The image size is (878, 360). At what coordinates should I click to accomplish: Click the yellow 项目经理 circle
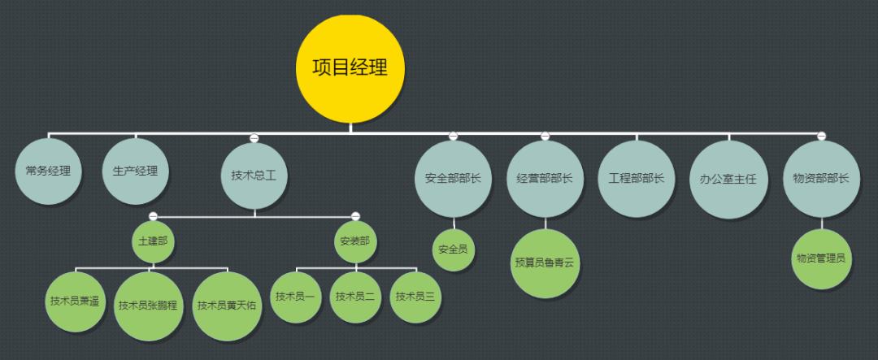click(350, 67)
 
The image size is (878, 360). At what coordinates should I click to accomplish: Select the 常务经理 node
click(49, 171)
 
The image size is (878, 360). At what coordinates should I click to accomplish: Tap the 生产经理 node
click(136, 171)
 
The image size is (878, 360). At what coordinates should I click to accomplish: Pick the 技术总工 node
click(254, 176)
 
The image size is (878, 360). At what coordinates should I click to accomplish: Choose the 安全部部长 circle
click(453, 179)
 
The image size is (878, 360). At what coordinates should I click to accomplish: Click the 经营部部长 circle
click(545, 179)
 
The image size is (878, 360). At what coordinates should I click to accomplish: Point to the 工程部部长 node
click(637, 179)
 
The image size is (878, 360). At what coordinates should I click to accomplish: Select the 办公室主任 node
click(728, 179)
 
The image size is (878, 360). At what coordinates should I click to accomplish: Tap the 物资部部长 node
click(821, 179)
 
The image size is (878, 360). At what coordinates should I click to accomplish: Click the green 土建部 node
click(153, 242)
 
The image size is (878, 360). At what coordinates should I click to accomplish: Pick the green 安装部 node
click(355, 242)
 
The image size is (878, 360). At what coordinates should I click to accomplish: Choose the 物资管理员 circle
click(821, 258)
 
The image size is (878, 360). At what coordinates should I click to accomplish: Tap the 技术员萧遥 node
click(75, 301)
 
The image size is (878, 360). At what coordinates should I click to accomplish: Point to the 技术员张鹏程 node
click(148, 306)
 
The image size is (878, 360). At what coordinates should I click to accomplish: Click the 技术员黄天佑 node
click(227, 306)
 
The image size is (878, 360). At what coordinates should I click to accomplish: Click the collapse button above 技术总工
click(254, 137)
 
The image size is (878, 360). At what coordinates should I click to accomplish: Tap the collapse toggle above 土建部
click(153, 215)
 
